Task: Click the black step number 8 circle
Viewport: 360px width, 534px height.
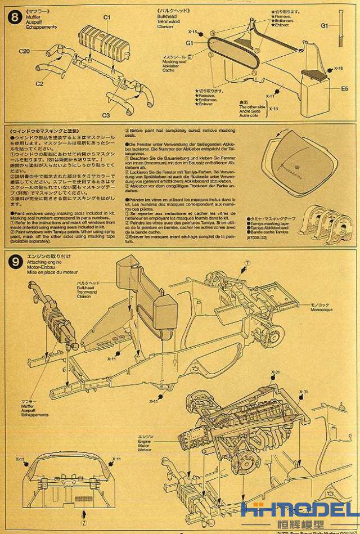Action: (13, 15)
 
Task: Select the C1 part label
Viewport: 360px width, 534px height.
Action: (107, 17)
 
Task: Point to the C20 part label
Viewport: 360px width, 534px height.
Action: (24, 51)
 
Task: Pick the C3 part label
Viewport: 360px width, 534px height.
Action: (106, 115)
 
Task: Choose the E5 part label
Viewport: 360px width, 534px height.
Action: (344, 88)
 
